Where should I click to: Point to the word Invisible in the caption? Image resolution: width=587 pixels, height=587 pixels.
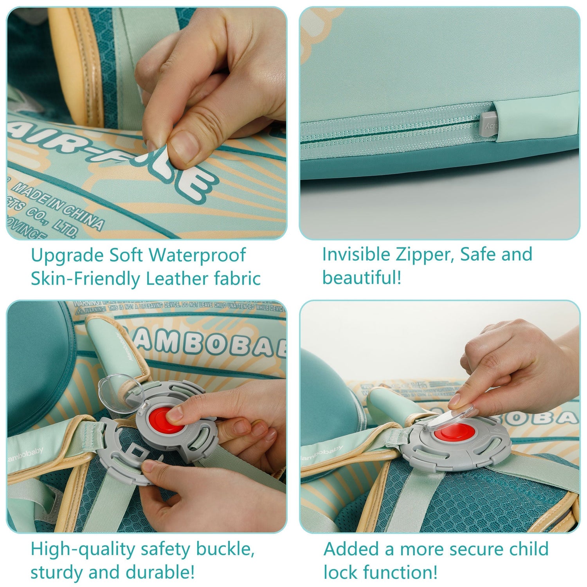pos(356,254)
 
